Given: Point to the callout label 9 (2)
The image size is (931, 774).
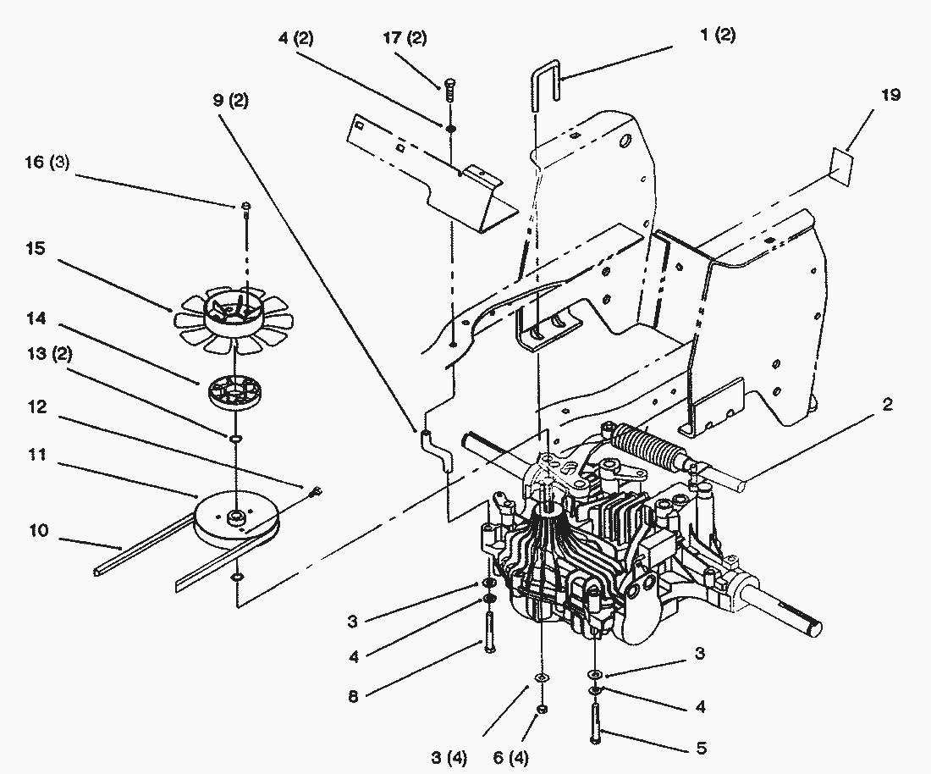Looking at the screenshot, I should click(x=229, y=101).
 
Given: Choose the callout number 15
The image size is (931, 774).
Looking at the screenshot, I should click(x=35, y=249).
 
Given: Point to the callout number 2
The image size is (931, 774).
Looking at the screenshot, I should click(x=887, y=404).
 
